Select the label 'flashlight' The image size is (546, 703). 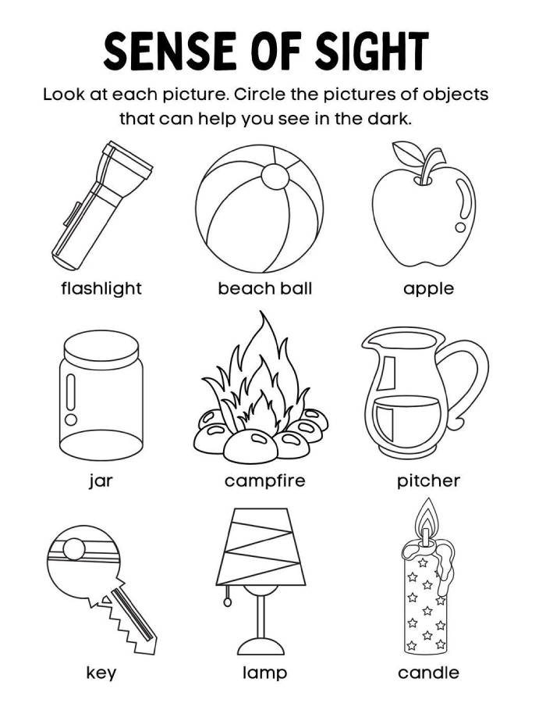[101, 288]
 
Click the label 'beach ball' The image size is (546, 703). [265, 288]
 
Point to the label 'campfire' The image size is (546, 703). [265, 480]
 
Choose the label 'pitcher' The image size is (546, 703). [429, 480]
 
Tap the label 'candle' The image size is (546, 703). [429, 673]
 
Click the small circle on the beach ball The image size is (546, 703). [275, 177]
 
